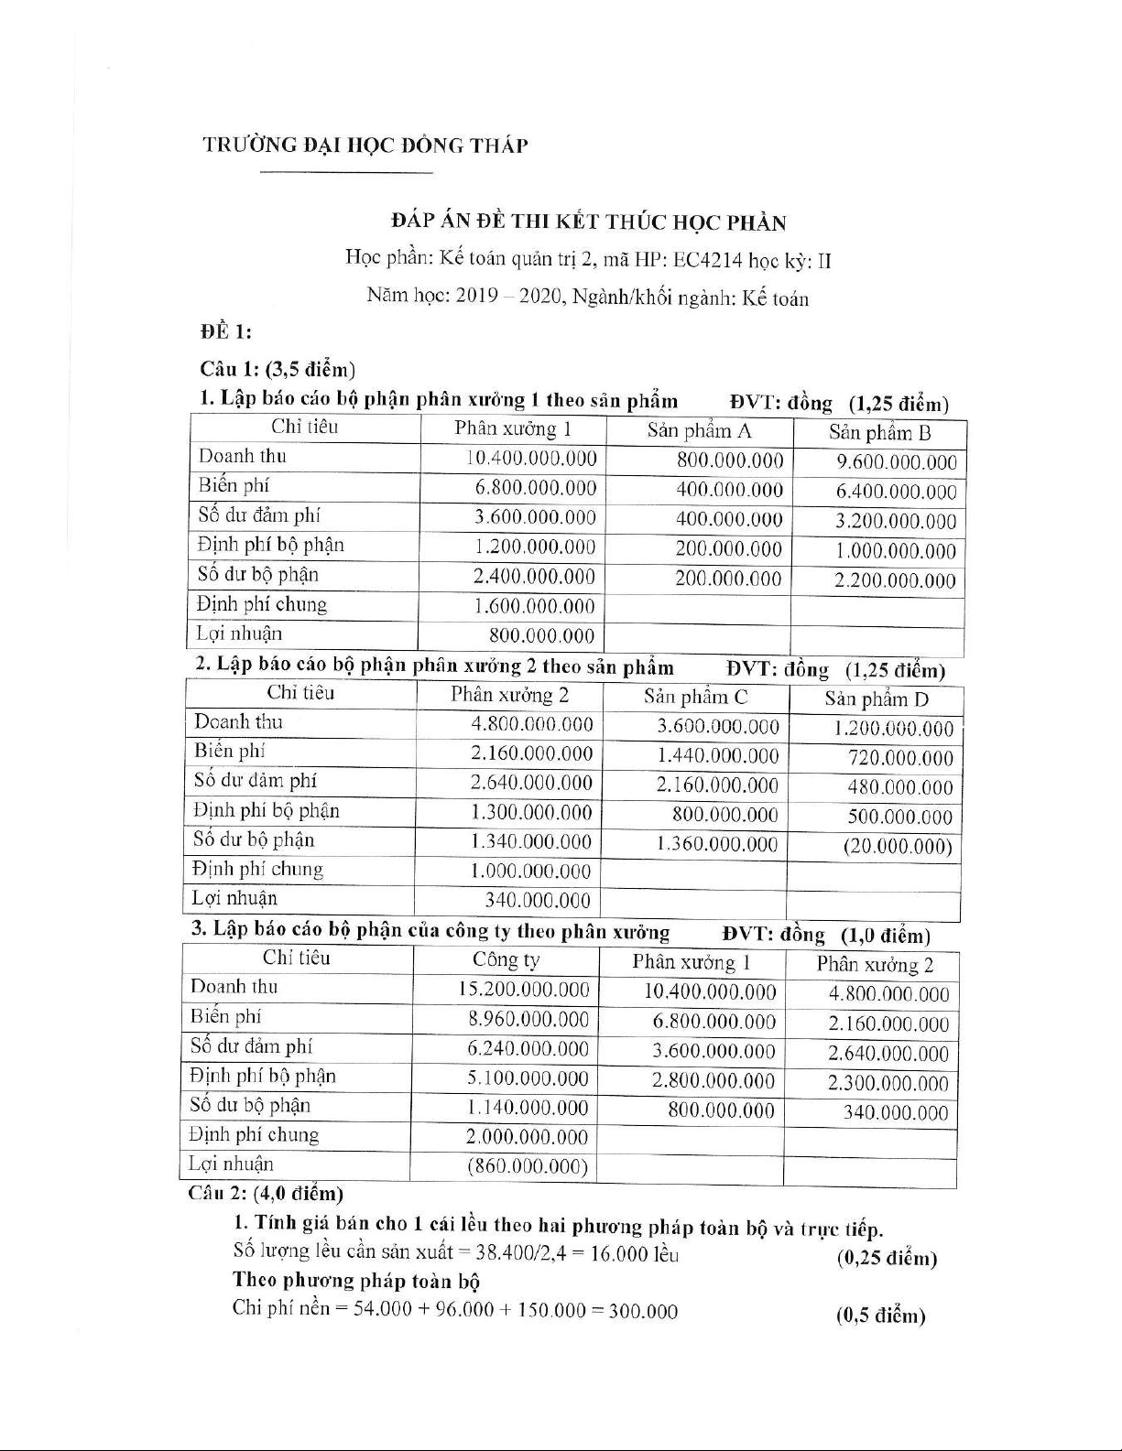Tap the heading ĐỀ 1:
point(225,330)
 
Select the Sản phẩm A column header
point(699,430)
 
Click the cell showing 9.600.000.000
point(896,462)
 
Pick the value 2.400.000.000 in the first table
point(534,577)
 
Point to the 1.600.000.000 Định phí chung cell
point(534,606)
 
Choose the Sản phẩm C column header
point(695,697)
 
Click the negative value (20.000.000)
point(898,847)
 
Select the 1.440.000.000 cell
point(717,756)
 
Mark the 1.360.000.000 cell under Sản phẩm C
point(716,844)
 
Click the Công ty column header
point(506,959)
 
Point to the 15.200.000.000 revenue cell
point(524,990)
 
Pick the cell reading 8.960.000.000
point(528,1020)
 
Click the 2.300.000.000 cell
point(888,1084)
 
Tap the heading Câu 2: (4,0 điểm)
point(265,1194)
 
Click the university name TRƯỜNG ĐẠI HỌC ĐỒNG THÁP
point(365,146)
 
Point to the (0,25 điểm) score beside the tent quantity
point(886,1259)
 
